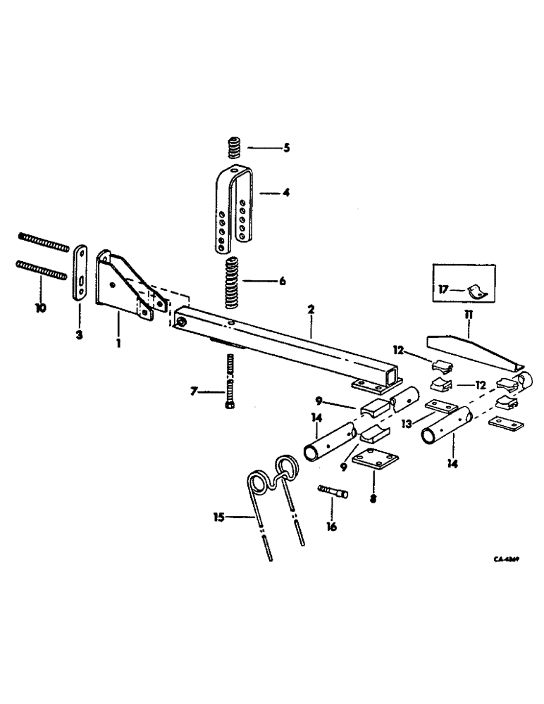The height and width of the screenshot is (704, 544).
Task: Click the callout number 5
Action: pos(286,149)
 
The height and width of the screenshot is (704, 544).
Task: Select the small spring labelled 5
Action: pos(233,149)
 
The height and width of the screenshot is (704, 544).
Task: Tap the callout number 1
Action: pos(119,345)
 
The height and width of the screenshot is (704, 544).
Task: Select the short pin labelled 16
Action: pos(333,491)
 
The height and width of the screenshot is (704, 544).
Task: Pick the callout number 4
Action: pos(286,192)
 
